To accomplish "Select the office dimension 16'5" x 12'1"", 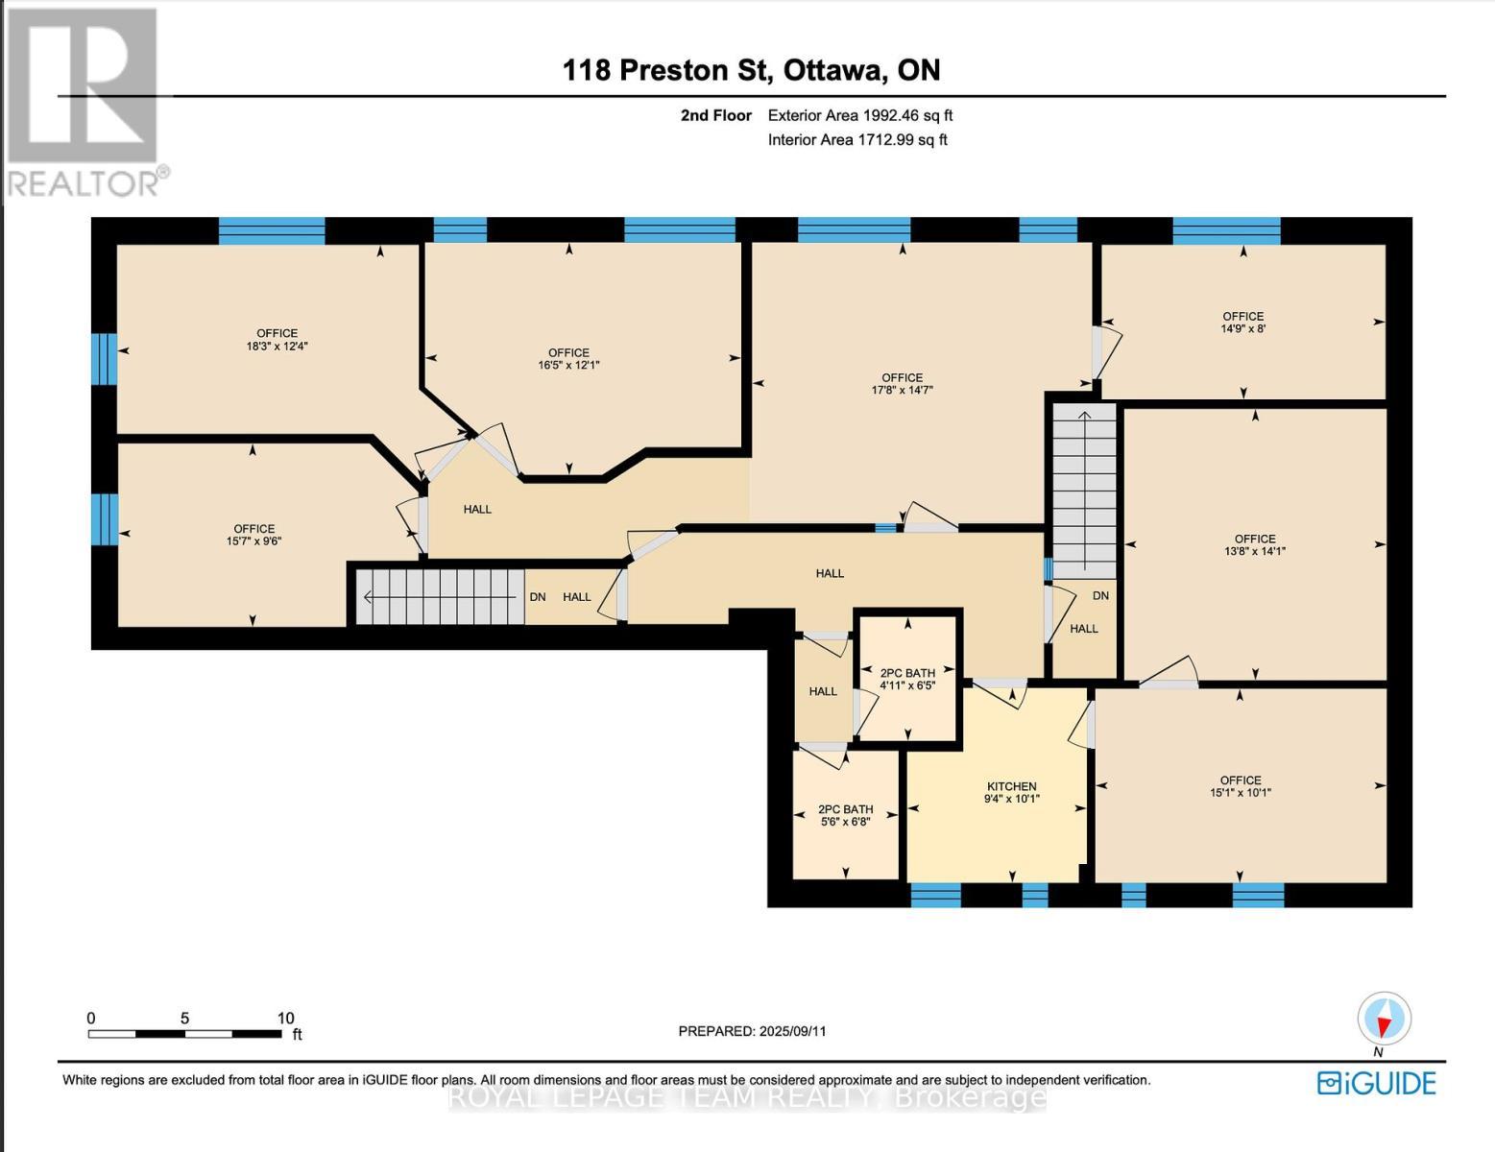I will point(568,359).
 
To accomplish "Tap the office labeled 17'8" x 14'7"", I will point(902,384).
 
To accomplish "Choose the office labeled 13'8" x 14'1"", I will point(1255,545).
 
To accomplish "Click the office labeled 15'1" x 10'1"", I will point(1241,786).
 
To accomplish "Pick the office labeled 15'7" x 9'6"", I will point(253,535).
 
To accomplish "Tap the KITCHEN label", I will point(1011,786).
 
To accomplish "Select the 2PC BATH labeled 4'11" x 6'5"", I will point(907,680).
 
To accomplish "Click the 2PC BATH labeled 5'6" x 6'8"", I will point(845,815).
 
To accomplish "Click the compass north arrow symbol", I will point(1384,1020).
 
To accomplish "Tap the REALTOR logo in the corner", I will point(84,101).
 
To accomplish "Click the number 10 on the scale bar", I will point(285,1019).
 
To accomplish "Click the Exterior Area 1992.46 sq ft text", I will point(859,115).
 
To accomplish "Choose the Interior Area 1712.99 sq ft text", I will point(856,140).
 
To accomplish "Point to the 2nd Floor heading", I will point(715,115).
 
